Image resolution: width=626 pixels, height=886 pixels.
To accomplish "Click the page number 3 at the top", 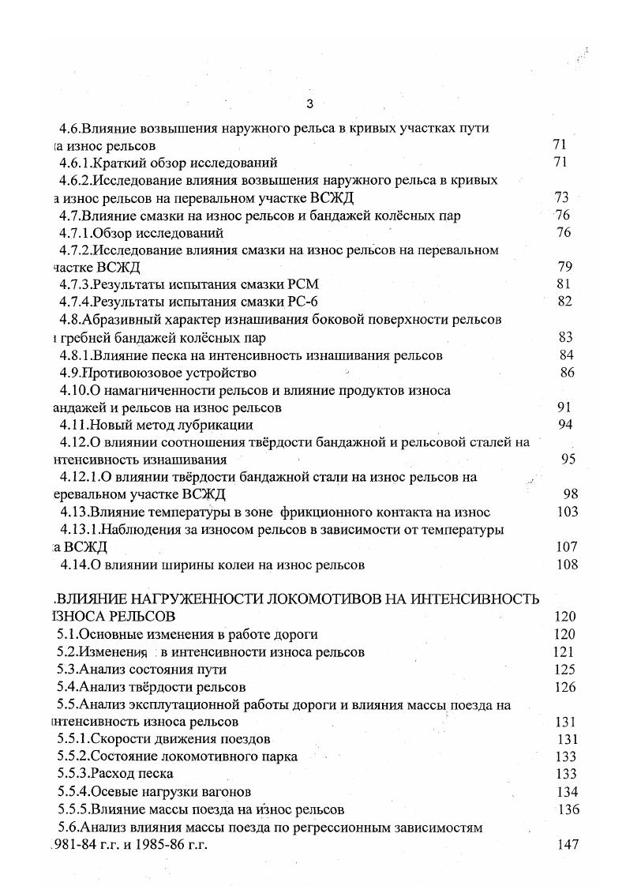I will click(309, 104).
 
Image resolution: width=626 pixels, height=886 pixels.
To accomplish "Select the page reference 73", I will click(562, 197).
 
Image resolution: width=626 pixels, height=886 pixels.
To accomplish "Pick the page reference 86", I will click(567, 373).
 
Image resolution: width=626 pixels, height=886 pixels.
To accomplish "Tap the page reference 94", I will click(564, 425).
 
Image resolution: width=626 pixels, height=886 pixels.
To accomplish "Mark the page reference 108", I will click(567, 565).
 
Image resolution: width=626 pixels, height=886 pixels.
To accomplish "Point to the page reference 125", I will click(566, 670).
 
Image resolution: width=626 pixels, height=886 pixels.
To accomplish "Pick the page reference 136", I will click(568, 809).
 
